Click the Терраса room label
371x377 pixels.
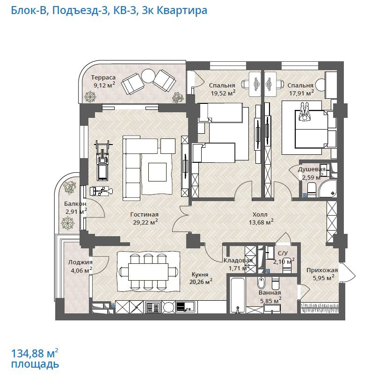pos(103,78)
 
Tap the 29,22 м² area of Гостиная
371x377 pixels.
pos(145,222)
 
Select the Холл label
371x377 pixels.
pos(260,214)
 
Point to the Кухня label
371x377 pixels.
pos(200,275)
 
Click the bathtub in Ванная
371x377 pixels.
pos(238,295)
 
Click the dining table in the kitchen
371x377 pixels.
pos(148,272)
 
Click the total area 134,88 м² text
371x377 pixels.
pos(35,354)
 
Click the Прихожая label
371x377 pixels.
pos(322,270)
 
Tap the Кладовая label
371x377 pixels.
pos(238,261)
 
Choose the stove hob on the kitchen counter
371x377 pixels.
pos(153,307)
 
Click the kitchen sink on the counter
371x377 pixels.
pos(185,307)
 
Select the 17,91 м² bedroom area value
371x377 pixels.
pos(301,93)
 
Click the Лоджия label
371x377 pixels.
pos(80,262)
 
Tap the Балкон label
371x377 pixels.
pos(75,203)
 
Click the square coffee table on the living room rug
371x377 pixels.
pos(158,172)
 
